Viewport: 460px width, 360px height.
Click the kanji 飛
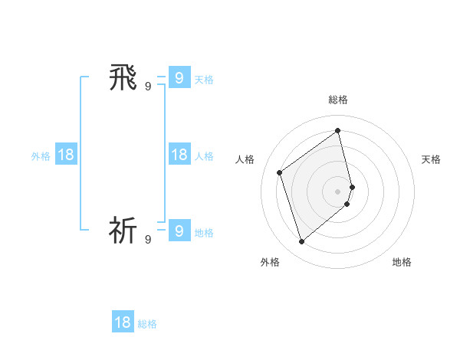(123, 77)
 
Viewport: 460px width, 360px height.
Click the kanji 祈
(123, 230)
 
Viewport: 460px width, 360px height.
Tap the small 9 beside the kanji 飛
(148, 87)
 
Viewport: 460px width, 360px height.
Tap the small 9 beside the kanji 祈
(148, 240)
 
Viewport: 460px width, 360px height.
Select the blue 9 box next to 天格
(179, 77)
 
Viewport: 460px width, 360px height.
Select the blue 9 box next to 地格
(179, 230)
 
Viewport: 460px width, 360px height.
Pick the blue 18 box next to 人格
(179, 155)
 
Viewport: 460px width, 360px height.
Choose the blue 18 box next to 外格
(66, 155)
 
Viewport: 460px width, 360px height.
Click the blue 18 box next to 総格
(123, 322)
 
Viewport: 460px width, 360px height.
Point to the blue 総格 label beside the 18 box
(147, 324)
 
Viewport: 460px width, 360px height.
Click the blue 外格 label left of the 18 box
(41, 156)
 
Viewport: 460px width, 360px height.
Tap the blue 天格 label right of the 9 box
(204, 80)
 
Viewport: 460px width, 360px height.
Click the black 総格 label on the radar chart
(338, 100)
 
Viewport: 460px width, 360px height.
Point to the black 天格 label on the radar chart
(432, 159)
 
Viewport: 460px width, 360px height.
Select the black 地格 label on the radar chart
(402, 262)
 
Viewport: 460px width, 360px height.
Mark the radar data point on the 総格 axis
(338, 130)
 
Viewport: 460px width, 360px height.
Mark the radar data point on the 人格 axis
(280, 172)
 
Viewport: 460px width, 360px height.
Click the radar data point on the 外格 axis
(302, 242)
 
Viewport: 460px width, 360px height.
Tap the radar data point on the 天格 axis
(353, 186)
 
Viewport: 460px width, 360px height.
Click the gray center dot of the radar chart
(338, 191)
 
